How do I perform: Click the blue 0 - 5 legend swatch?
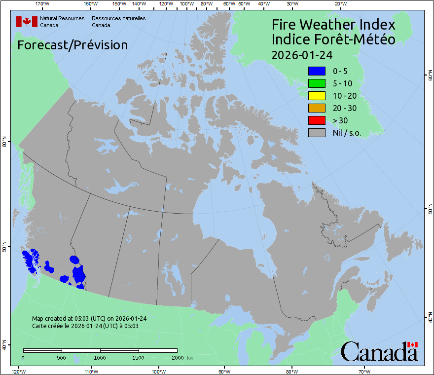click(x=317, y=71)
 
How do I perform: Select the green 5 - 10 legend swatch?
click(x=317, y=83)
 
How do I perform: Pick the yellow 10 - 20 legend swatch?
click(x=317, y=96)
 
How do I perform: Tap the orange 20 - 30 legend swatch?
click(x=317, y=108)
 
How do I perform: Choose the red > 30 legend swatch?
click(x=317, y=120)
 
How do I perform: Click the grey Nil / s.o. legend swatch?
click(x=317, y=133)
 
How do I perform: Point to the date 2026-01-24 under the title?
click(x=302, y=55)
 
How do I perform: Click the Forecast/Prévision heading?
click(x=72, y=45)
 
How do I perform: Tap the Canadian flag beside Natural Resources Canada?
click(x=27, y=22)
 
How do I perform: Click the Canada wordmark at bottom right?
click(x=379, y=352)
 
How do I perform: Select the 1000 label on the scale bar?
click(x=100, y=357)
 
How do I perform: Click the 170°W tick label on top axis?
click(x=43, y=4)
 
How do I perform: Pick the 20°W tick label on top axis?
click(x=340, y=4)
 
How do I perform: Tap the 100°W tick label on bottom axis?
click(x=158, y=371)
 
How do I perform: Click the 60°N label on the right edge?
click(x=430, y=77)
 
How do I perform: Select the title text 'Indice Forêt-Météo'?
click(x=333, y=39)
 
